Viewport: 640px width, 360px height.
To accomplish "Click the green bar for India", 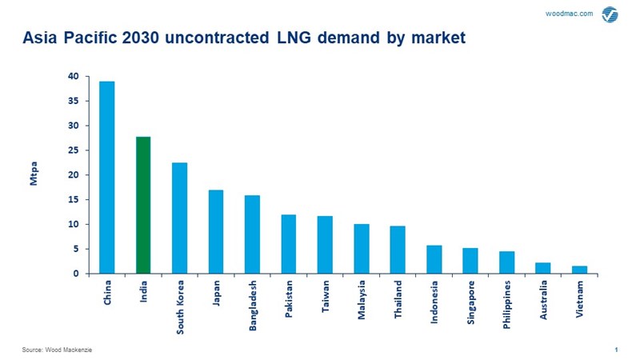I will pyautogui.click(x=143, y=205).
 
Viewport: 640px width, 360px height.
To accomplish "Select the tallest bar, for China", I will pyautogui.click(x=106, y=177).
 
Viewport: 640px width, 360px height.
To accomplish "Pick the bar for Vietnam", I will pyautogui.click(x=580, y=270).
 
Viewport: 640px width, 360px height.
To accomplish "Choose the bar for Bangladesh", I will pyautogui.click(x=252, y=234).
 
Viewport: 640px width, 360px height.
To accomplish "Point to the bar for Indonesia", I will pyautogui.click(x=434, y=259).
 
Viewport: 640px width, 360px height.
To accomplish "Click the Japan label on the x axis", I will pyautogui.click(x=217, y=293).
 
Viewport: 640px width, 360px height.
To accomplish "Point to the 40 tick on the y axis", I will pyautogui.click(x=73, y=77).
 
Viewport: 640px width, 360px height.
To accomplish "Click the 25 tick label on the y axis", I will pyautogui.click(x=73, y=150).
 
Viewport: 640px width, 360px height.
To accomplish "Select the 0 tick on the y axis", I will pyautogui.click(x=76, y=274).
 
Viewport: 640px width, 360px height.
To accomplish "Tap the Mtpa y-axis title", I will pyautogui.click(x=34, y=175).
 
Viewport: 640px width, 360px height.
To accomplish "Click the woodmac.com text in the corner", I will pyautogui.click(x=568, y=14).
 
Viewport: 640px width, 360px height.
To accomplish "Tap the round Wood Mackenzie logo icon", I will pyautogui.click(x=610, y=14).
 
